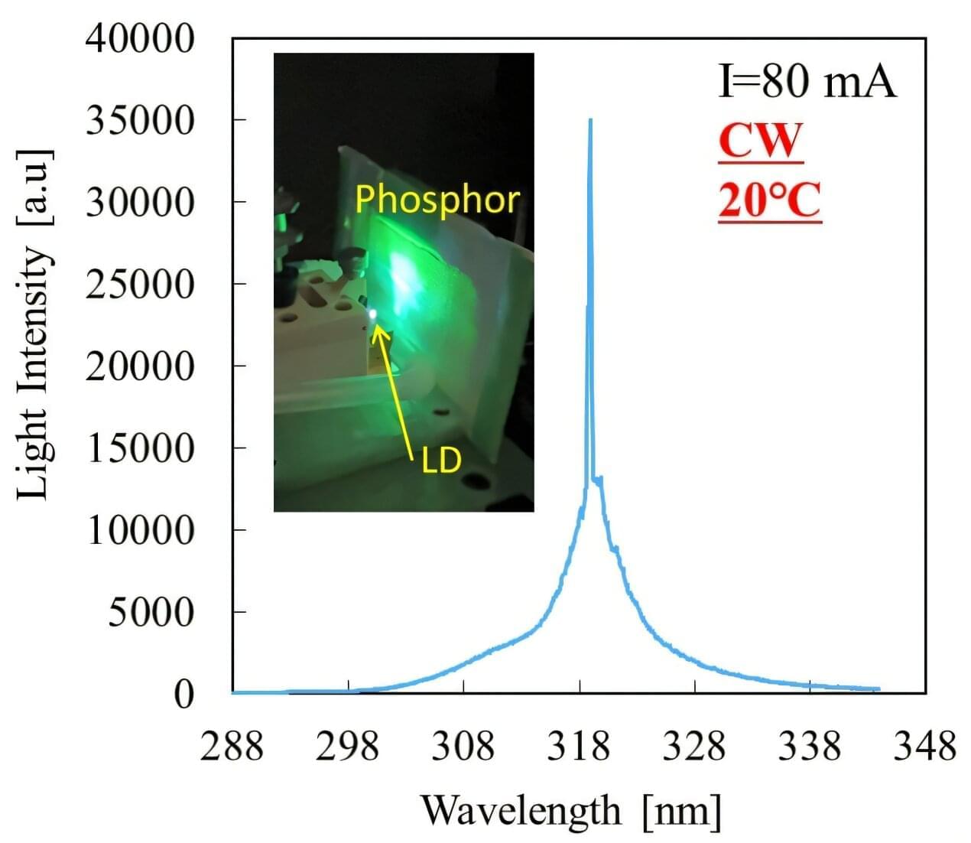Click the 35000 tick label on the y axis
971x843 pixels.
(140, 120)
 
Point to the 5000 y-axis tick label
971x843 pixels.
(151, 612)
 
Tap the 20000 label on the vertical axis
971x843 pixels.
(140, 366)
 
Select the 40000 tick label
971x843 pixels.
(140, 38)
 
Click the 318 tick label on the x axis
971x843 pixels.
(579, 746)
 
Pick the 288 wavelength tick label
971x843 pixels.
(232, 746)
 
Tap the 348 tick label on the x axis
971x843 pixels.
(925, 746)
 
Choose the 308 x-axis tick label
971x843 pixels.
(463, 746)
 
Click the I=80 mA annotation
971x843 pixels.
(807, 81)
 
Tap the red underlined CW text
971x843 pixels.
(761, 140)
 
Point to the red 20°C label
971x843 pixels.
(769, 201)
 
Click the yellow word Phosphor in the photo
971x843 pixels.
(437, 199)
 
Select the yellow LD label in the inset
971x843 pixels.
(441, 461)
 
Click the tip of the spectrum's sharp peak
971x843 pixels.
(589, 120)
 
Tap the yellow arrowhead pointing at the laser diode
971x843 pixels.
(378, 332)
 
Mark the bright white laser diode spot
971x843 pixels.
(372, 314)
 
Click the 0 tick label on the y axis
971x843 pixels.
(183, 694)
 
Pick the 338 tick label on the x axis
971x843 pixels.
(809, 746)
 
